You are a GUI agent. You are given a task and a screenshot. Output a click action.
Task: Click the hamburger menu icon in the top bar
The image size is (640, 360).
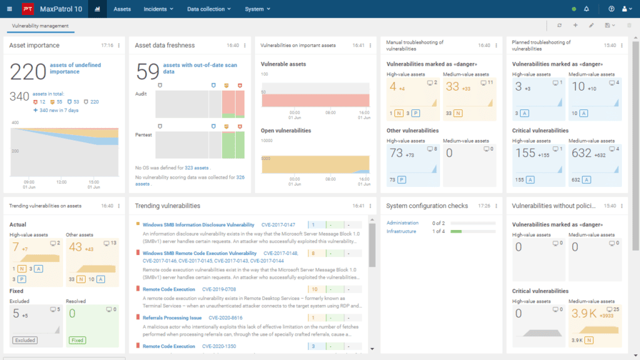tap(9, 9)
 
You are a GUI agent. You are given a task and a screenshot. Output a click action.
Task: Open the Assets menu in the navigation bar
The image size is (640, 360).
tap(122, 9)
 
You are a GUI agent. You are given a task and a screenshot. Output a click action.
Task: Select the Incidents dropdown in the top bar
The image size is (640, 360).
tap(159, 9)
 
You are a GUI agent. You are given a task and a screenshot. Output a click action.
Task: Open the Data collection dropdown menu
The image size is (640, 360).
tap(209, 9)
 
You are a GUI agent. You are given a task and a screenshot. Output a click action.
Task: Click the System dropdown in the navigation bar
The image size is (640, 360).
tap(257, 9)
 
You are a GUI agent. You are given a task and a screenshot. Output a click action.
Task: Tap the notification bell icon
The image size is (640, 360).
tap(586, 9)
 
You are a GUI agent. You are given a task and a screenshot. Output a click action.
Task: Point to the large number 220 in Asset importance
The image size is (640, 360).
tap(28, 72)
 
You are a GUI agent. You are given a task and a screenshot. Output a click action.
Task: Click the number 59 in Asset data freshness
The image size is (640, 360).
tap(147, 72)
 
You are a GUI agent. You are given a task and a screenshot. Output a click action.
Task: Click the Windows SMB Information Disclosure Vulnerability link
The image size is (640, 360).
tap(198, 224)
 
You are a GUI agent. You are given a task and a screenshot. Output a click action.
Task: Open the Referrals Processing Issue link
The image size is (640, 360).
tap(172, 317)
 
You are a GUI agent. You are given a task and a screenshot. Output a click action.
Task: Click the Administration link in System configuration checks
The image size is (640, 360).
tap(403, 222)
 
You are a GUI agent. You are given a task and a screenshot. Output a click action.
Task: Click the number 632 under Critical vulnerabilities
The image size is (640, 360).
tap(582, 152)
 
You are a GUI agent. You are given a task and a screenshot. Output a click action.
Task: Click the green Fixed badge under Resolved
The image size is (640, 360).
tap(77, 340)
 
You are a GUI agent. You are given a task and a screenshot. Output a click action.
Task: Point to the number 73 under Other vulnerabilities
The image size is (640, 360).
tap(396, 152)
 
